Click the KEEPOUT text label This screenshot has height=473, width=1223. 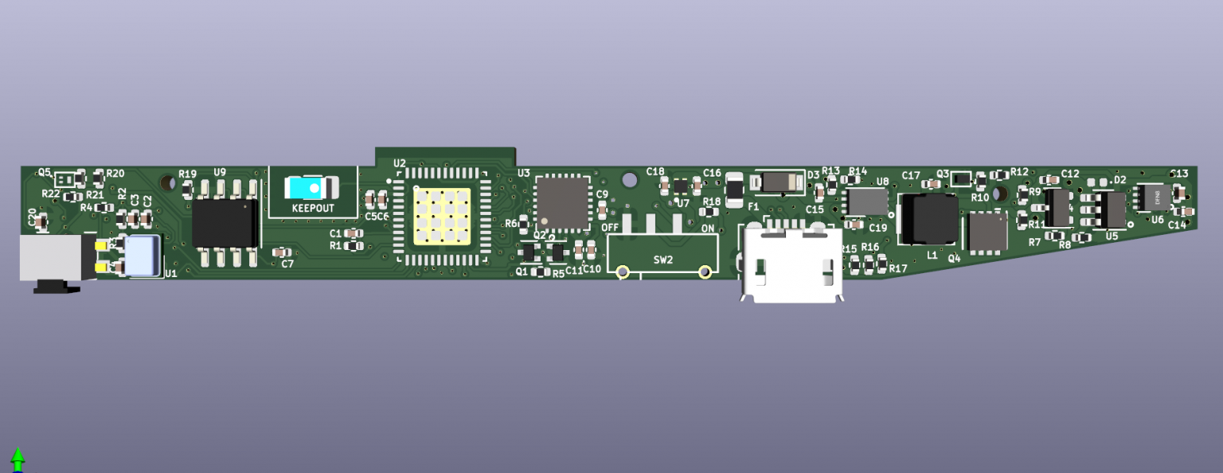click(x=313, y=208)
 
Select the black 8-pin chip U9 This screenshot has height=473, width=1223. click(x=225, y=223)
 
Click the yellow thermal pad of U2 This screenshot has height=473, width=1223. click(x=441, y=216)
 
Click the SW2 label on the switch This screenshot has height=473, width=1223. click(x=663, y=260)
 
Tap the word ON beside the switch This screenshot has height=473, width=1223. click(x=708, y=228)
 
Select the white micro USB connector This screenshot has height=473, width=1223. click(x=791, y=263)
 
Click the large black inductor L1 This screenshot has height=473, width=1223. click(x=928, y=219)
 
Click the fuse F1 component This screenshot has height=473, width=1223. click(x=735, y=190)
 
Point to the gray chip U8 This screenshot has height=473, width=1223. click(x=867, y=201)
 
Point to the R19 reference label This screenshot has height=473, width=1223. click(x=187, y=174)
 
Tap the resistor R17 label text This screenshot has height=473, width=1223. click(x=898, y=268)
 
